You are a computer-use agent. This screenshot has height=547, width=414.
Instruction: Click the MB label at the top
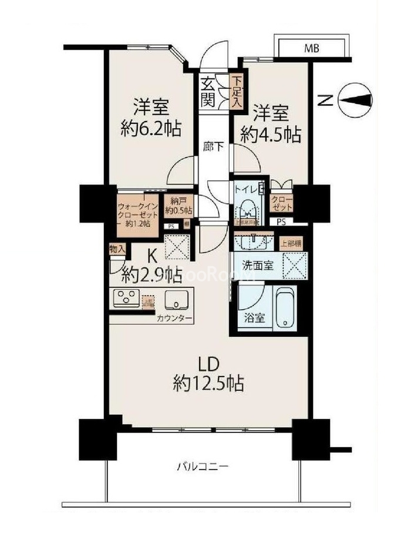311,49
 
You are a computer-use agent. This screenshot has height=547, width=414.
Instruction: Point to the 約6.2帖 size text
152,127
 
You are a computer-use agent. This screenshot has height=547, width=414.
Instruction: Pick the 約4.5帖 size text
271,135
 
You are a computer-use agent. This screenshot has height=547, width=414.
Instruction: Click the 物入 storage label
117,250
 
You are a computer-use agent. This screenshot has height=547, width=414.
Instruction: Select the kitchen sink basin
174,299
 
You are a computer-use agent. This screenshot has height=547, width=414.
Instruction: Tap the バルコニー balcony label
203,467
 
